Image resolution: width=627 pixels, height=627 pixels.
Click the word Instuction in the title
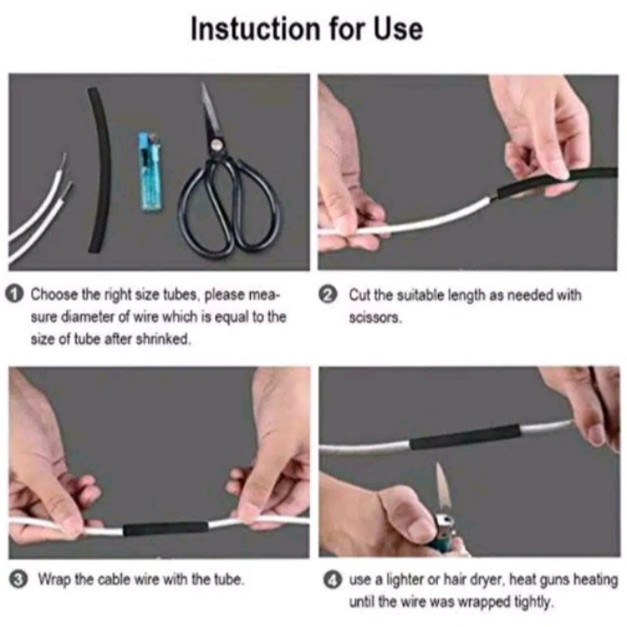(x=256, y=29)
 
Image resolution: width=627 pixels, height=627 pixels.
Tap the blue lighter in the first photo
(x=150, y=172)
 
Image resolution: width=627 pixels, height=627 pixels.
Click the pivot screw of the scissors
(x=217, y=145)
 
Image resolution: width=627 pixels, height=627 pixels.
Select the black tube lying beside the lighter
(x=99, y=170)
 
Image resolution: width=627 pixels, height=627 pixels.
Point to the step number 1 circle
(x=14, y=294)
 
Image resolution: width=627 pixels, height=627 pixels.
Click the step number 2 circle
(x=327, y=295)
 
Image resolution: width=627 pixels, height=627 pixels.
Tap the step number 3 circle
(x=17, y=580)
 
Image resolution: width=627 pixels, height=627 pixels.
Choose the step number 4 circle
(x=333, y=580)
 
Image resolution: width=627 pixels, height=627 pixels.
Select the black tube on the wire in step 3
(x=165, y=529)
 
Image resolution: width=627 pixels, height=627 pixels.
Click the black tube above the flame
(x=465, y=437)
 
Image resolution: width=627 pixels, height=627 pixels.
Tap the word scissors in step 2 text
(x=374, y=319)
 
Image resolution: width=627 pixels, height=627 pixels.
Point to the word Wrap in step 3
(x=55, y=579)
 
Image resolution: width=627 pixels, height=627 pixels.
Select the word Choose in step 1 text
(x=54, y=294)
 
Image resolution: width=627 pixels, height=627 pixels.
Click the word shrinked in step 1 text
(x=164, y=340)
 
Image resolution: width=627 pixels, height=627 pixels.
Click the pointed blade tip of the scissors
(x=203, y=84)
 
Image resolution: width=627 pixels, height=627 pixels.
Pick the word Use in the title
(x=398, y=29)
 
